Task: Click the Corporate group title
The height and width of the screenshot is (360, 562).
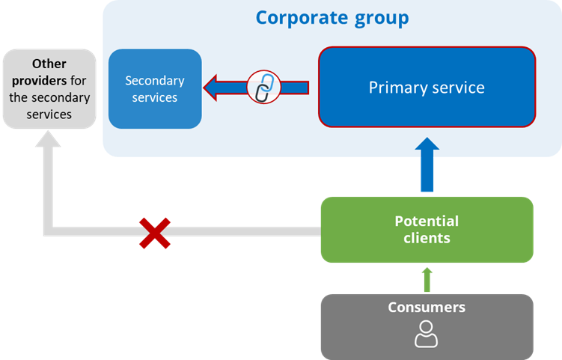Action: point(332,17)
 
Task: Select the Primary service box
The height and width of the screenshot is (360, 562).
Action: point(427,88)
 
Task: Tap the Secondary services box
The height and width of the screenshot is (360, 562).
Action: point(155,88)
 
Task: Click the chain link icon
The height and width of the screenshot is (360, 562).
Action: point(263,88)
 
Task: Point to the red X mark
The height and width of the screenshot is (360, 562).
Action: point(155,232)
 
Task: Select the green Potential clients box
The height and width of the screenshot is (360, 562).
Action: point(427,229)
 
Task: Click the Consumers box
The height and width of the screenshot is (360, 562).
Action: point(427,326)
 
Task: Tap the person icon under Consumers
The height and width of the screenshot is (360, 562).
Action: point(426,334)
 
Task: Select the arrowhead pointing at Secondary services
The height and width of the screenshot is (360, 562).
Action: point(216,88)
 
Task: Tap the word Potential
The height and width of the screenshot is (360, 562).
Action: point(427,222)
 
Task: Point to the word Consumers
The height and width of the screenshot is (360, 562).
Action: point(427,308)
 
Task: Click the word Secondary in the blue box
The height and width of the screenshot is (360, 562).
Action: point(155,81)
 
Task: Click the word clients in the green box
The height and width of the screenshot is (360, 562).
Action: point(427,238)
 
